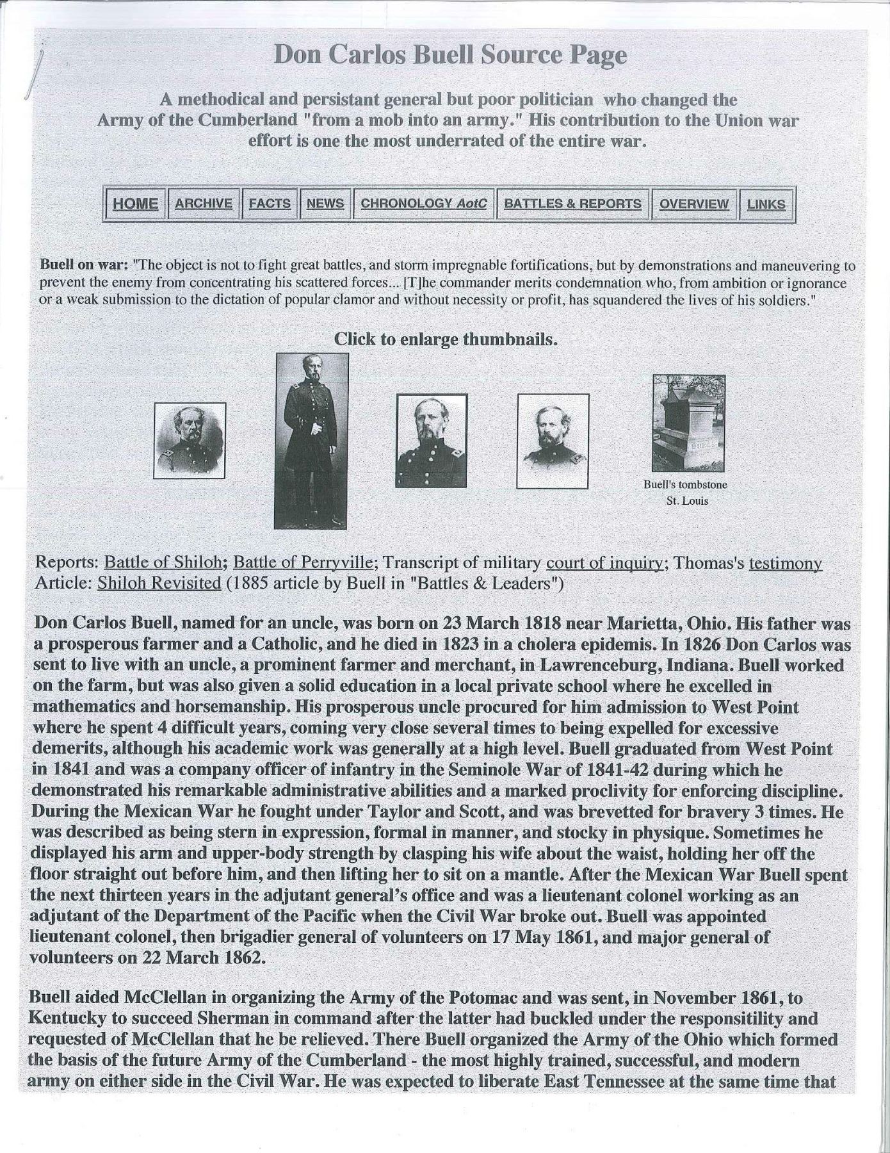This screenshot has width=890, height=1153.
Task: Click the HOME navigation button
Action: pyautogui.click(x=135, y=204)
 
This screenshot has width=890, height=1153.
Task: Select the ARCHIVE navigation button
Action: pyautogui.click(x=204, y=204)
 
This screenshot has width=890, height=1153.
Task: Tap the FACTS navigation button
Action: pyautogui.click(x=270, y=204)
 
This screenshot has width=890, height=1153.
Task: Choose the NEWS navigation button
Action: pyautogui.click(x=325, y=204)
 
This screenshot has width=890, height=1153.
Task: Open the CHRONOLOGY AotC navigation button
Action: pyautogui.click(x=424, y=204)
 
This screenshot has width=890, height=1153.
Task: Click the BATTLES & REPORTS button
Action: pyautogui.click(x=572, y=204)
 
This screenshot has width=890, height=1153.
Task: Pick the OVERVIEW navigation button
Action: pyautogui.click(x=693, y=204)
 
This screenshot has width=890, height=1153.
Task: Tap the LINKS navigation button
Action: pyautogui.click(x=766, y=204)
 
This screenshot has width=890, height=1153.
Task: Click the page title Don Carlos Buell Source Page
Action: pyautogui.click(x=449, y=56)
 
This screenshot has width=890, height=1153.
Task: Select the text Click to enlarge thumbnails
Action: pyautogui.click(x=446, y=339)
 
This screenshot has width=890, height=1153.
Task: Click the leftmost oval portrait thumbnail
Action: pyautogui.click(x=190, y=441)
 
